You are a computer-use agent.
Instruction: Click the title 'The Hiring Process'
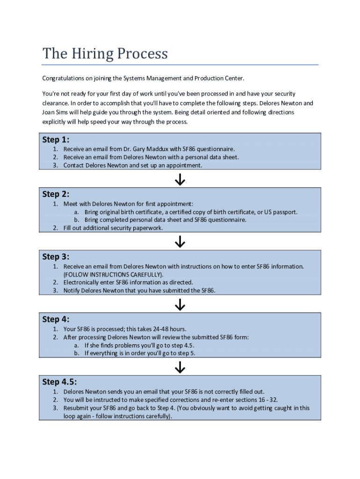(x=105, y=54)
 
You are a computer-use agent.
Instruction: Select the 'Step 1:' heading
(x=56, y=139)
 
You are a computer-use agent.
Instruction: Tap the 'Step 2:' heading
(x=56, y=194)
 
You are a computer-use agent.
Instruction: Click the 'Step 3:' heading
(x=56, y=257)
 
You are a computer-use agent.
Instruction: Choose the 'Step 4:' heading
(x=56, y=319)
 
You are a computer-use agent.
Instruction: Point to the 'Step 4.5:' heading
(x=59, y=382)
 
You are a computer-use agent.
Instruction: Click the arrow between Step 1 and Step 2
(x=180, y=180)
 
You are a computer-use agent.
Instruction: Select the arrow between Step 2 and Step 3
(x=180, y=242)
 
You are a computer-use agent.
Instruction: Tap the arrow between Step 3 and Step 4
(x=180, y=305)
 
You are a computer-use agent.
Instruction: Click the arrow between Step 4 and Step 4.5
(x=180, y=368)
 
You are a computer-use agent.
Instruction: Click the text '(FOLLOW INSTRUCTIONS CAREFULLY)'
(x=114, y=275)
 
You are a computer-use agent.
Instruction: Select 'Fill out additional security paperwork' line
(x=113, y=228)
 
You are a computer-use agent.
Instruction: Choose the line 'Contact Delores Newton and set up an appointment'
(x=133, y=165)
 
